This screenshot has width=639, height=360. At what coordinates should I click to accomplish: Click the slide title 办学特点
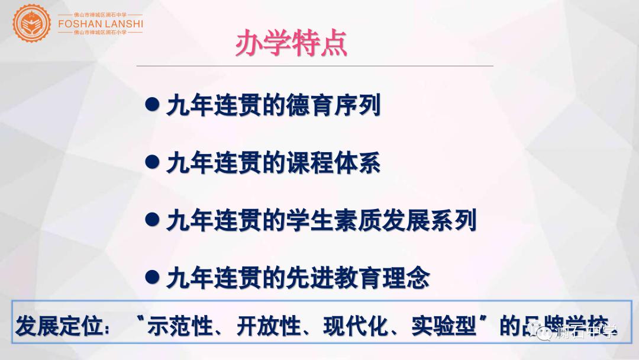[291, 44]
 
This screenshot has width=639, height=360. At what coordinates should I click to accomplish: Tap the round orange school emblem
[33, 22]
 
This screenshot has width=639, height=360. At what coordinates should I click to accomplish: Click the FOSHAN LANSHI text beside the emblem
[101, 23]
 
